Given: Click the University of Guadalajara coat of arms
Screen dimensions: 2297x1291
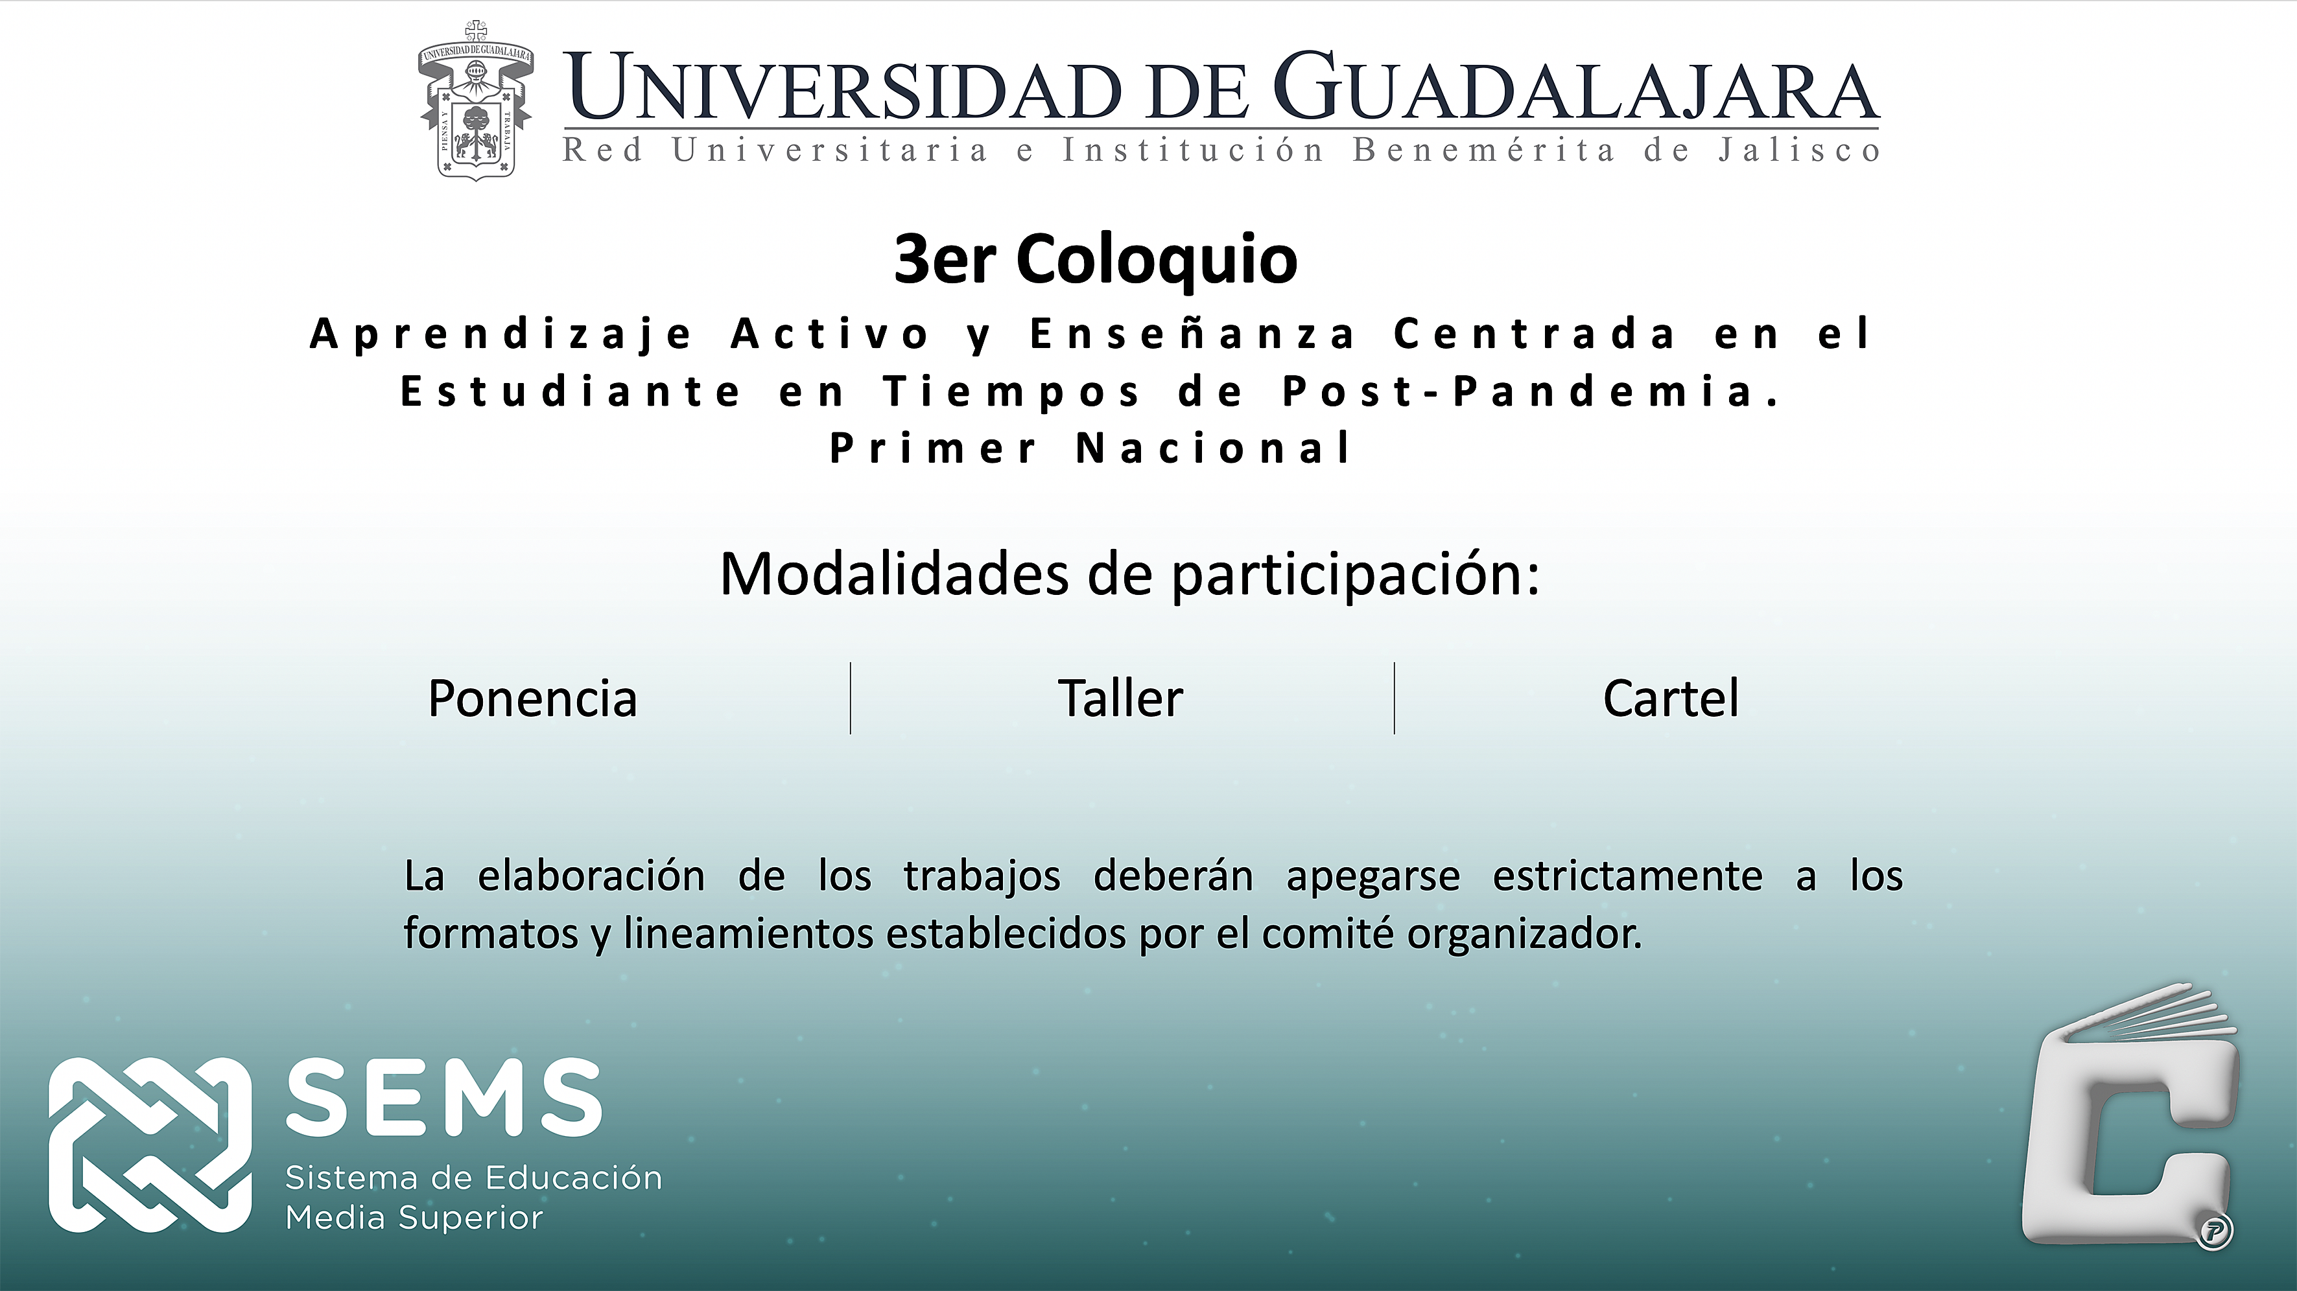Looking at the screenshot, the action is click(475, 100).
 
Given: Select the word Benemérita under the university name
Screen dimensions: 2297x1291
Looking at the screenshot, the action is click(1484, 150).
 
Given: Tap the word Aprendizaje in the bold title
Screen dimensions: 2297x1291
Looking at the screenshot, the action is click(501, 335).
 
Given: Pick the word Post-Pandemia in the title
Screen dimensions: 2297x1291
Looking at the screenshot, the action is click(1530, 391).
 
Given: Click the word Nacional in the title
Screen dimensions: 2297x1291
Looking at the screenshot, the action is click(1214, 448).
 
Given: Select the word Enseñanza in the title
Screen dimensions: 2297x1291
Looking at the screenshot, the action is click(1192, 334).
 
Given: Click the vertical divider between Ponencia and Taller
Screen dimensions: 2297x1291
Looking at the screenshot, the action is click(851, 698).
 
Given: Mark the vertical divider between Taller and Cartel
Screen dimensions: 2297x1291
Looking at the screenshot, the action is click(1395, 698).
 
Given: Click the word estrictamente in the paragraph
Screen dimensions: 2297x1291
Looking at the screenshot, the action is click(1627, 876).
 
